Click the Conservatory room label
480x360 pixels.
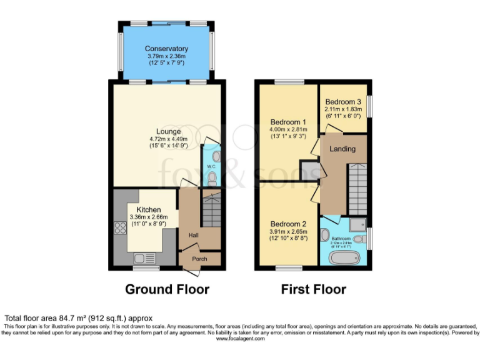point(166,49)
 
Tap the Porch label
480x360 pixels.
point(199,258)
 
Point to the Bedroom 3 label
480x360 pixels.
point(342,102)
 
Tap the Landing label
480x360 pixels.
point(342,149)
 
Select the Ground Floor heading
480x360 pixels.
point(167,289)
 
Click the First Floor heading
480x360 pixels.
point(313,289)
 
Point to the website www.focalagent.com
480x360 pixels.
point(239,338)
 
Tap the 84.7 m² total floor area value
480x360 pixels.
point(69,318)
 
